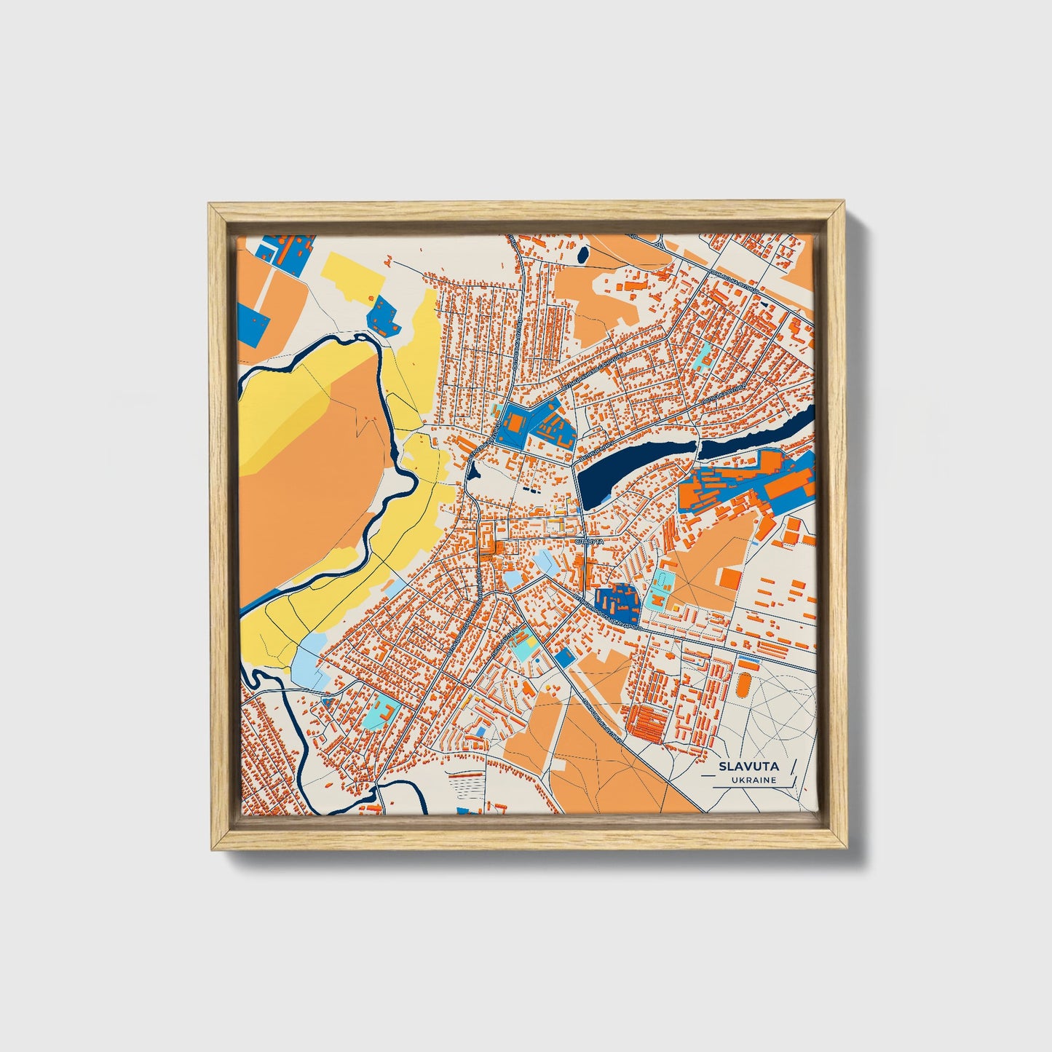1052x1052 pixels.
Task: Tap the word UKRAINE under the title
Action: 755,780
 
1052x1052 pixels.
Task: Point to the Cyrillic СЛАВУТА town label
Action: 589,542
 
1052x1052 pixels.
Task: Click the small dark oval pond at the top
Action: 582,253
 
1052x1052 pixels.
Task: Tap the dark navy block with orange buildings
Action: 615,600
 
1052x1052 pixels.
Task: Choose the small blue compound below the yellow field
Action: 383,315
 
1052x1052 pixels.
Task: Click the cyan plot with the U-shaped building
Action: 379,711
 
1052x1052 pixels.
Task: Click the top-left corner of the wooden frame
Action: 212,207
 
